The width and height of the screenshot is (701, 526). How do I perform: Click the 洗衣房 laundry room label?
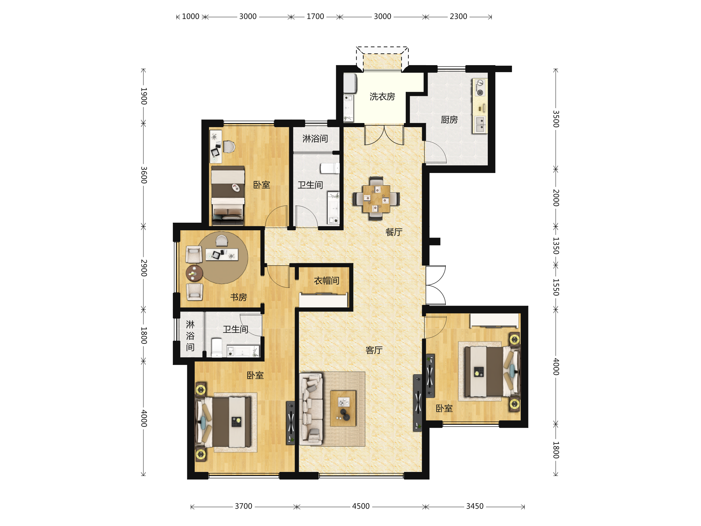click(x=382, y=96)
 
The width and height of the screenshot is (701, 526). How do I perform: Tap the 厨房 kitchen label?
click(x=450, y=120)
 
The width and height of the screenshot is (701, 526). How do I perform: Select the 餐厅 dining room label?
click(x=394, y=232)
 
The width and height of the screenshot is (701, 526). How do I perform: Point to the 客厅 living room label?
click(x=374, y=350)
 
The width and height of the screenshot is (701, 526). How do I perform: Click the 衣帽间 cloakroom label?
click(x=327, y=281)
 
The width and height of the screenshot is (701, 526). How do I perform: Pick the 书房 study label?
click(x=238, y=297)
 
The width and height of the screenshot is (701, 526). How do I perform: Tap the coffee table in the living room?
click(x=343, y=408)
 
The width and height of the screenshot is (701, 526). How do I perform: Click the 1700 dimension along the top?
click(x=315, y=16)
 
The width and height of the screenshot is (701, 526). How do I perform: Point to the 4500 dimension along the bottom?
click(x=361, y=506)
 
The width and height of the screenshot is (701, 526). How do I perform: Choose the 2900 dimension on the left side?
click(x=144, y=268)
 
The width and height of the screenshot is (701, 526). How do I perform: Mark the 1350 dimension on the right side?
click(x=556, y=246)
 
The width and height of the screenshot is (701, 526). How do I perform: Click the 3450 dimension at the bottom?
click(x=475, y=506)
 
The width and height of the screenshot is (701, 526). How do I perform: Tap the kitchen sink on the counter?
click(x=480, y=124)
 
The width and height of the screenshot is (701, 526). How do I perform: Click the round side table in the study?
click(x=194, y=273)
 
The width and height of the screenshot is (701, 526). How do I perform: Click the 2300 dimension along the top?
click(x=458, y=16)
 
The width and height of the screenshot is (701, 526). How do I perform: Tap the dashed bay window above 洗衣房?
click(x=382, y=58)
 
